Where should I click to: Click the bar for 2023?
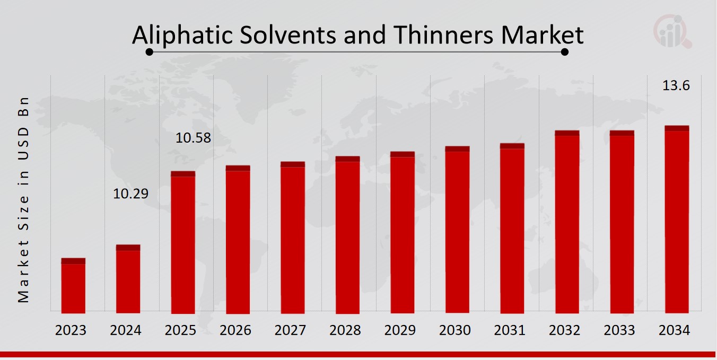click(73, 286)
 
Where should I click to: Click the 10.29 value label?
click(131, 194)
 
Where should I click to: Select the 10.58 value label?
click(193, 138)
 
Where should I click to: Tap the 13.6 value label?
click(676, 85)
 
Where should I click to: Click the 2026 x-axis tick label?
click(235, 330)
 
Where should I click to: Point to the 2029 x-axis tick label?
click(400, 330)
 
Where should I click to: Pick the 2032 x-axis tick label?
click(565, 330)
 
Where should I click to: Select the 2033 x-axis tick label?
click(619, 330)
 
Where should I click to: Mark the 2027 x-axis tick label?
click(290, 330)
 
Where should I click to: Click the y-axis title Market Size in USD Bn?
click(23, 200)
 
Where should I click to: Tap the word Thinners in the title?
click(444, 35)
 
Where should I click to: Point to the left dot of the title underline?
click(150, 52)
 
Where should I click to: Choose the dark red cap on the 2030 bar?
click(457, 149)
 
